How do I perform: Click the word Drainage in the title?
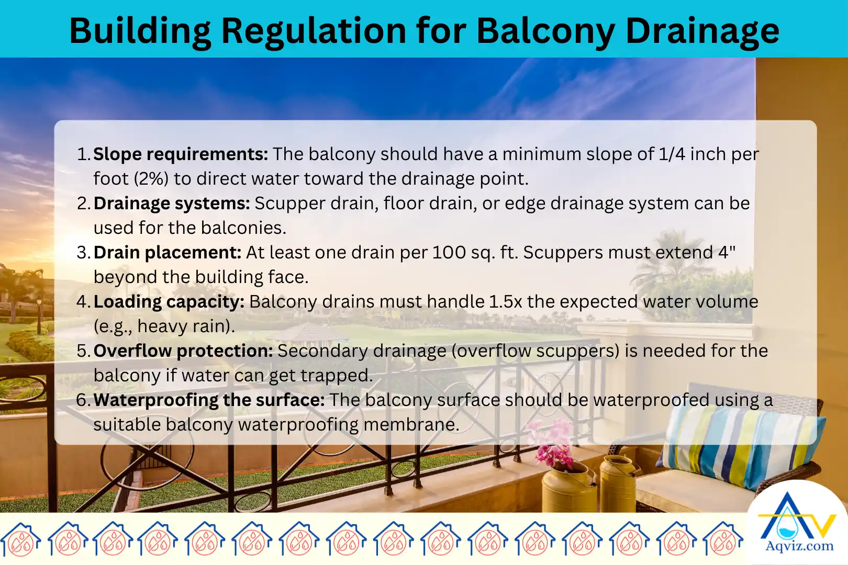702,31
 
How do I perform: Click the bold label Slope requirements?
181,154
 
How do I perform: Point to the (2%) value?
151,179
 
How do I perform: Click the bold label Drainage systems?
172,204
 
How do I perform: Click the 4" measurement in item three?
727,253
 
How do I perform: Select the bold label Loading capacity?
169,302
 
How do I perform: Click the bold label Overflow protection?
183,351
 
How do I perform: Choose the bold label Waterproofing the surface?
209,400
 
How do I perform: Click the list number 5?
83,351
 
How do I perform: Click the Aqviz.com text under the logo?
799,547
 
